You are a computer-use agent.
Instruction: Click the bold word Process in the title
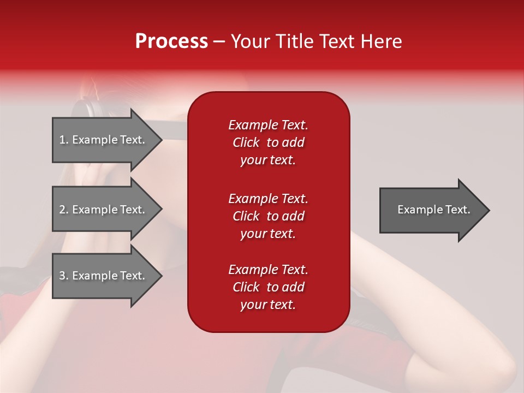point(171,41)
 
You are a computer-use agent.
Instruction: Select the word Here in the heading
point(381,41)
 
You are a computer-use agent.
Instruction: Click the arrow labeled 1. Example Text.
point(108,140)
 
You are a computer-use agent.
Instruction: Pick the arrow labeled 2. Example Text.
point(108,209)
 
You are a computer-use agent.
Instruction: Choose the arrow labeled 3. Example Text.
point(108,276)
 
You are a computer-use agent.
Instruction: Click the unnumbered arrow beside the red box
point(434,210)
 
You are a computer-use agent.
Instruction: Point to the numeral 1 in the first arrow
point(62,140)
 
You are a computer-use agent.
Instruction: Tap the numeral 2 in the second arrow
point(62,210)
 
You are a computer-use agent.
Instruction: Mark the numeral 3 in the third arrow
point(62,276)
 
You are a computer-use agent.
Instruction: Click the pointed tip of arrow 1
point(163,140)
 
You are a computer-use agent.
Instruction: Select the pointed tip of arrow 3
point(163,276)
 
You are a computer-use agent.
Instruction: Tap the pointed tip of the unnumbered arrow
point(490,210)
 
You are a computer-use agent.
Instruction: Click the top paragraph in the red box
point(269,142)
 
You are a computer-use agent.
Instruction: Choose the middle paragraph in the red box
point(269,216)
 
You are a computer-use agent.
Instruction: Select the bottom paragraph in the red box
point(269,287)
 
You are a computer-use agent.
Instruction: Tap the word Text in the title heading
point(336,41)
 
